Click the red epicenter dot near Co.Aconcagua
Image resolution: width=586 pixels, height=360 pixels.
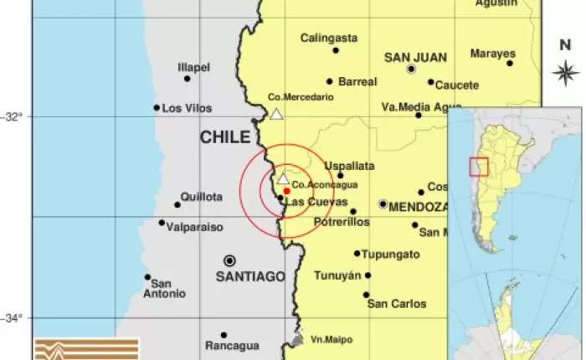tap(286, 191)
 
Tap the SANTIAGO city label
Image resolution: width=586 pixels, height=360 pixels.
tap(250, 276)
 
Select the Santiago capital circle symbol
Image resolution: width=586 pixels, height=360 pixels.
tap(229, 260)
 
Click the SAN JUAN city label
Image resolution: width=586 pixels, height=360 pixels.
tap(414, 57)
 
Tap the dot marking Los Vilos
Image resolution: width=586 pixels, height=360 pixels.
tap(157, 107)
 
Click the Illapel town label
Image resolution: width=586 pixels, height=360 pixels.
tap(193, 67)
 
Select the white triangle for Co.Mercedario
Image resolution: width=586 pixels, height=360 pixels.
tap(276, 114)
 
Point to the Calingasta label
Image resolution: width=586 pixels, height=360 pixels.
tap(329, 38)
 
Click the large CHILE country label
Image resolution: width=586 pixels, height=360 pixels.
tap(224, 137)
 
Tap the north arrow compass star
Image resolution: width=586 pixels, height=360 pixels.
tap(566, 72)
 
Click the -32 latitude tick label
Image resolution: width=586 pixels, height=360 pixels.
tap(14, 116)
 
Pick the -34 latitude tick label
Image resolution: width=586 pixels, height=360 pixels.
tap(14, 317)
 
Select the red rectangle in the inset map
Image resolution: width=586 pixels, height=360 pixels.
tap(478, 167)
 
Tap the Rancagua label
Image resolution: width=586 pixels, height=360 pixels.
tap(232, 345)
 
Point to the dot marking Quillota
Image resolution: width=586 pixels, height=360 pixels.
tap(177, 204)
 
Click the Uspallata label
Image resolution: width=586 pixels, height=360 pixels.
tap(349, 166)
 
